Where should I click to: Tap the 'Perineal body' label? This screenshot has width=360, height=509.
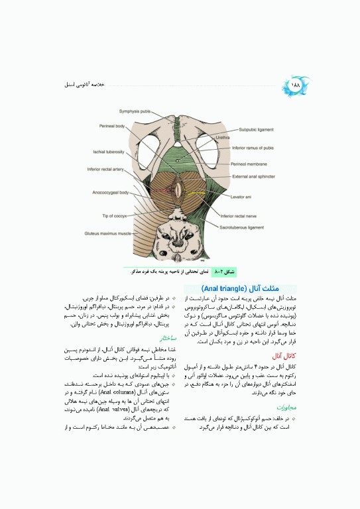pyautogui.click(x=113, y=126)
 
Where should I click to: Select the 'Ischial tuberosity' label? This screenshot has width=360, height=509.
pyautogui.click(x=109, y=152)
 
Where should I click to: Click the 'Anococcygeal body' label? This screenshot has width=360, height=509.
pyautogui.click(x=110, y=193)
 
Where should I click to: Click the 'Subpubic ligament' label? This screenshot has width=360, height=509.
pyautogui.click(x=261, y=130)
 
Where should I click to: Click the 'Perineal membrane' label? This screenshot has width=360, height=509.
pyautogui.click(x=251, y=163)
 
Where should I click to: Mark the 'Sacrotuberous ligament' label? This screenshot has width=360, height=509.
pyautogui.click(x=247, y=227)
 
